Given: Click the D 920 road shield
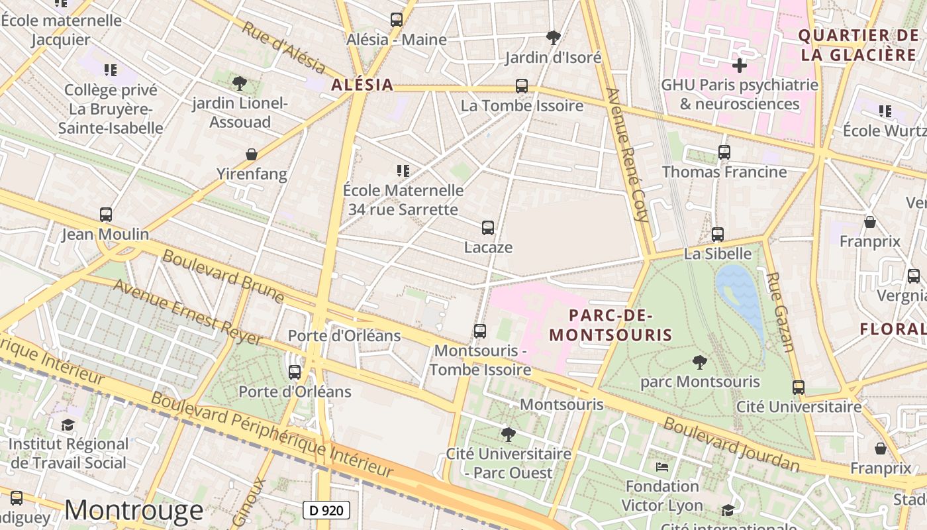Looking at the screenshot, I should click(x=326, y=510).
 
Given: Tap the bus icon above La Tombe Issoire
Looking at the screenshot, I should click(x=522, y=86).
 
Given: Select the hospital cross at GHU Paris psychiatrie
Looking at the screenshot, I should click(x=740, y=66).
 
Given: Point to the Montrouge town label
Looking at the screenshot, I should click(x=134, y=509).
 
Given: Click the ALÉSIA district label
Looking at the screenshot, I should click(x=362, y=85).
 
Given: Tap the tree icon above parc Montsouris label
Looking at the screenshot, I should click(x=699, y=362).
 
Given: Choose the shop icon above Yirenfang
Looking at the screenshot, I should click(x=252, y=154).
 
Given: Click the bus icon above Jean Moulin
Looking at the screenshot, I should click(x=106, y=215).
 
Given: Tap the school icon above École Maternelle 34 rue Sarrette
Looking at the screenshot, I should click(x=403, y=171).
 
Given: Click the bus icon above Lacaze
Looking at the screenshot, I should click(x=488, y=228).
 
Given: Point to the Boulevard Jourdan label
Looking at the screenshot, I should click(x=732, y=444).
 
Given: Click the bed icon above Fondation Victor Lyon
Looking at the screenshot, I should click(x=661, y=467).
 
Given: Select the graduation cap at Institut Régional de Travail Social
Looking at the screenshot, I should click(x=68, y=425).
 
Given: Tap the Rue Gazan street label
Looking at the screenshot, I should click(x=780, y=311).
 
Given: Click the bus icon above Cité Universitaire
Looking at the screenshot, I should click(x=799, y=388).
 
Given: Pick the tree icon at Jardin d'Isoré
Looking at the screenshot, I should click(x=554, y=38).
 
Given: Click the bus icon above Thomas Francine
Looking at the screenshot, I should click(x=724, y=152).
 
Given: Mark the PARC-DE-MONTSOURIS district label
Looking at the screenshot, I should click(x=610, y=325).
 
